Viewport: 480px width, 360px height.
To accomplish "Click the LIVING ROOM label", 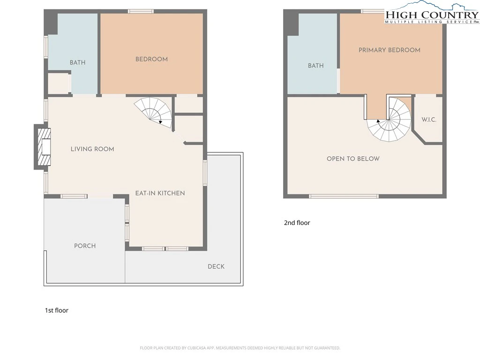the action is coord(92,149).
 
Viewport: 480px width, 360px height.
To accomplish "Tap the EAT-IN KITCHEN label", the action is coord(160,193).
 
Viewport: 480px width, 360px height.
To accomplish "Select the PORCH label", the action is coord(85,246).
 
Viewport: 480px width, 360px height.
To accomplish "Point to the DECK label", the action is coord(216,266).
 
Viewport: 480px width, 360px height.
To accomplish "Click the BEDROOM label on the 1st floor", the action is coord(151,59).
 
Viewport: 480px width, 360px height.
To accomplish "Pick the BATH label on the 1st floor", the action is coord(77,62).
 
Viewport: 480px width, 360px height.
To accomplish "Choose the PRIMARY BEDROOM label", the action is coord(390,50).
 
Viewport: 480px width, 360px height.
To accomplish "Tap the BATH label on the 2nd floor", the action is coord(315,66).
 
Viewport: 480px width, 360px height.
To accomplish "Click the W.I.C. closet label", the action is coord(429,120).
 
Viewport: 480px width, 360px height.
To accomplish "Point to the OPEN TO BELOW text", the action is coord(353,158).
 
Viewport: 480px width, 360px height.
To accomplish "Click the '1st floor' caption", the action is coord(57,310).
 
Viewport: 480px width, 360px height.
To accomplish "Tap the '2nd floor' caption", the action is coord(297,223).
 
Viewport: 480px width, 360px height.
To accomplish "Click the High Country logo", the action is coord(432,13).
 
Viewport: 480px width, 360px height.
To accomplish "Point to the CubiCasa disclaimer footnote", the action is coord(240,348).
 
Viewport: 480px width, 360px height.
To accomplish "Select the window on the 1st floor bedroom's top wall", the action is coord(141,11).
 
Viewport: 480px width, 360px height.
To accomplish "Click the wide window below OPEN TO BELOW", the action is coord(344,196).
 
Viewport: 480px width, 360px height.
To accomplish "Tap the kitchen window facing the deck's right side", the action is coord(205,173).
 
